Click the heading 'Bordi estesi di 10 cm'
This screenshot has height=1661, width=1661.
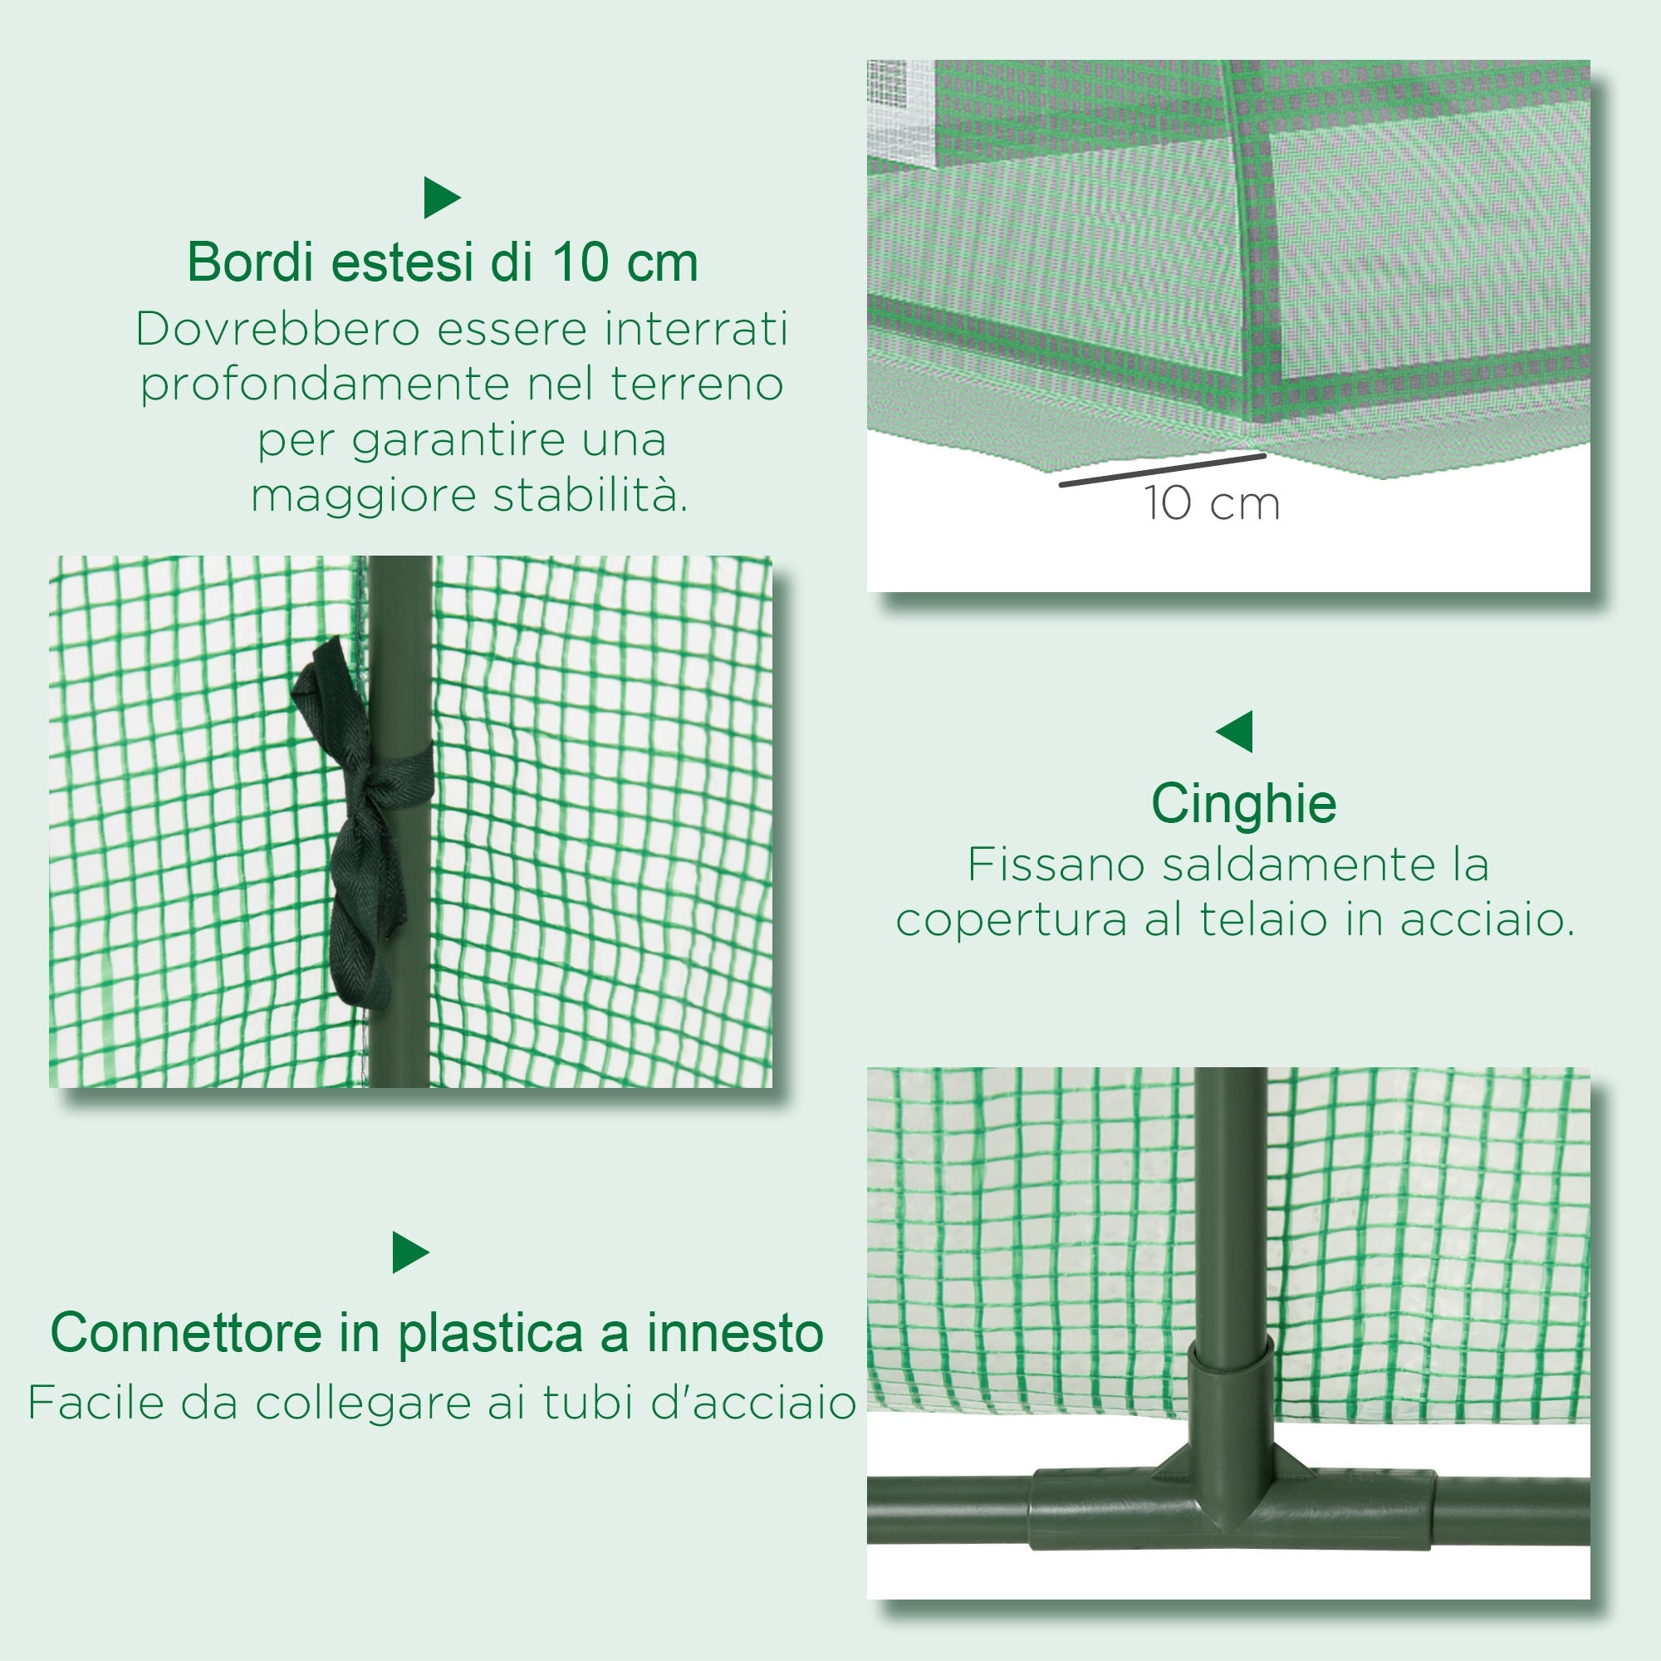tap(442, 262)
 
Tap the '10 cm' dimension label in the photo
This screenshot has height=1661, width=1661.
tap(1212, 504)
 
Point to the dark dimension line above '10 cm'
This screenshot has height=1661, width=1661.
tap(1163, 470)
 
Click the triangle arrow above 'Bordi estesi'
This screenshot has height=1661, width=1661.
tap(442, 198)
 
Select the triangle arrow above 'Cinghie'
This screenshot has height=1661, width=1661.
tap(1236, 732)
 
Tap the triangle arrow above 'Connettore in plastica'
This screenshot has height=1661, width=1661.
tap(410, 1252)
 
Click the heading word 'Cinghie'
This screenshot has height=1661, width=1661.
tap(1243, 804)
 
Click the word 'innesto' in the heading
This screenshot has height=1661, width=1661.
tap(735, 1334)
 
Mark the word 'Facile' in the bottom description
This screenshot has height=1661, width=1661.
tap(96, 1403)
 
